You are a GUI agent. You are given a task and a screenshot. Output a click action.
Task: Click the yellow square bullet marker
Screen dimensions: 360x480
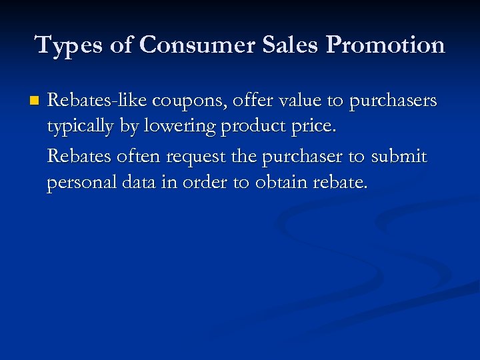[35, 101]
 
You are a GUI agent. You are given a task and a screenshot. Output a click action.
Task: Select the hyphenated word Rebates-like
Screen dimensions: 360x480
[97, 101]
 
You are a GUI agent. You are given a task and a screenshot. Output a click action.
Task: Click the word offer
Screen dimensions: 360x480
[246, 101]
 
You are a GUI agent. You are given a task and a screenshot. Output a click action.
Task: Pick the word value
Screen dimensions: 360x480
[294, 101]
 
